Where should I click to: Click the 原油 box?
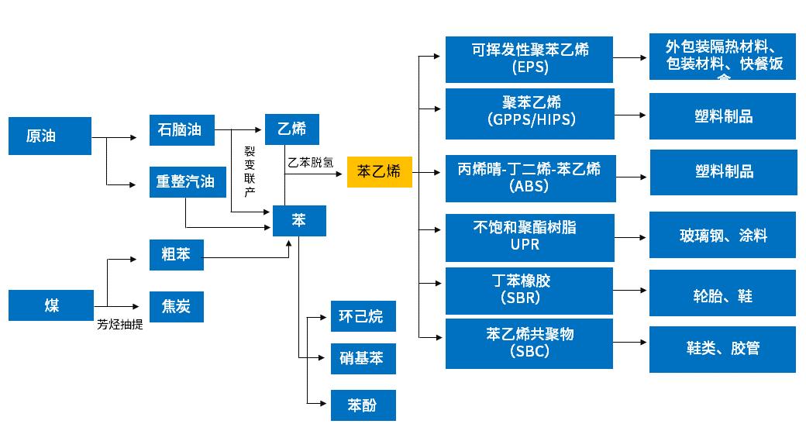(x=50, y=136)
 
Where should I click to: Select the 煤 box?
(x=50, y=305)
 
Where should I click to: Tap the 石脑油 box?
(x=181, y=129)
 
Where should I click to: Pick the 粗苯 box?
(x=176, y=254)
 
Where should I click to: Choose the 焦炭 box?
(x=176, y=307)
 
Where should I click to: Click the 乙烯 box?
(x=291, y=129)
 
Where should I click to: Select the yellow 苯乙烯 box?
(x=379, y=172)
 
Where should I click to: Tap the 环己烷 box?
(x=363, y=316)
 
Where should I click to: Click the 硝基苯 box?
(x=363, y=359)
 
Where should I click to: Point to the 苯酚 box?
(x=363, y=405)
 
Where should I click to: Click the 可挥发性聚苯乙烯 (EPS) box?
(x=530, y=58)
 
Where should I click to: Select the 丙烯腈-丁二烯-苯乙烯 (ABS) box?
(x=530, y=177)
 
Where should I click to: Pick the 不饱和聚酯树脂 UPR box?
(x=530, y=236)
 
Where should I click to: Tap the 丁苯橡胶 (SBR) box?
(x=530, y=289)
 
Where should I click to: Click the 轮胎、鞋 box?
(x=722, y=295)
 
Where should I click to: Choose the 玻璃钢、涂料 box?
(x=722, y=235)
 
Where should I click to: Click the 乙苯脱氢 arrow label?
(x=311, y=163)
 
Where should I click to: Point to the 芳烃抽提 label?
(x=119, y=325)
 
